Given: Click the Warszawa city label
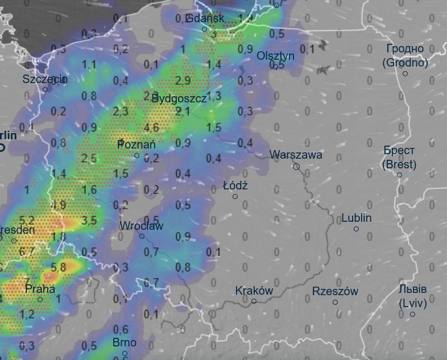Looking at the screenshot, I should coord(296,155).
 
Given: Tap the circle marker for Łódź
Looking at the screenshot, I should coord(235,197).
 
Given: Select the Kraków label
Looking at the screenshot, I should coord(254,291).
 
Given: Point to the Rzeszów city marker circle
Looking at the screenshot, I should coord(336,303).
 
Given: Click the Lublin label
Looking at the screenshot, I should coord(357,218).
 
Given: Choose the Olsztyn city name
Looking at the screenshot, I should coord(276,56).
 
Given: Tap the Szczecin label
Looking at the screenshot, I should coord(45,79).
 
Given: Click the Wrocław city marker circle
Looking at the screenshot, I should coord(142,237).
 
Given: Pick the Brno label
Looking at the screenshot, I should coord(124,342).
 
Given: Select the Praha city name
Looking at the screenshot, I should coord(40,289).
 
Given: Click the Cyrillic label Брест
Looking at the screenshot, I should coord(399,151).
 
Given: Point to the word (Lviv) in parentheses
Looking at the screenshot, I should coord(412,302).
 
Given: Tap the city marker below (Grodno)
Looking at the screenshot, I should coord(405,74).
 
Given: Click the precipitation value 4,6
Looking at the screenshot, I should coord(151,127).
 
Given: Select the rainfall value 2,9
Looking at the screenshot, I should coord(183,80).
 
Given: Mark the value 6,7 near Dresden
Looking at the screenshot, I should coord(27,251).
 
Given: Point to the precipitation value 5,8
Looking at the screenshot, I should coord(59,266).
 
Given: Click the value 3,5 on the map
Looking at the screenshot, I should coord(89,220).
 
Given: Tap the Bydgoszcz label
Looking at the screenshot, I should coord(179,98).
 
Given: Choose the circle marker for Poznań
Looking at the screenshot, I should coord(137,156).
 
